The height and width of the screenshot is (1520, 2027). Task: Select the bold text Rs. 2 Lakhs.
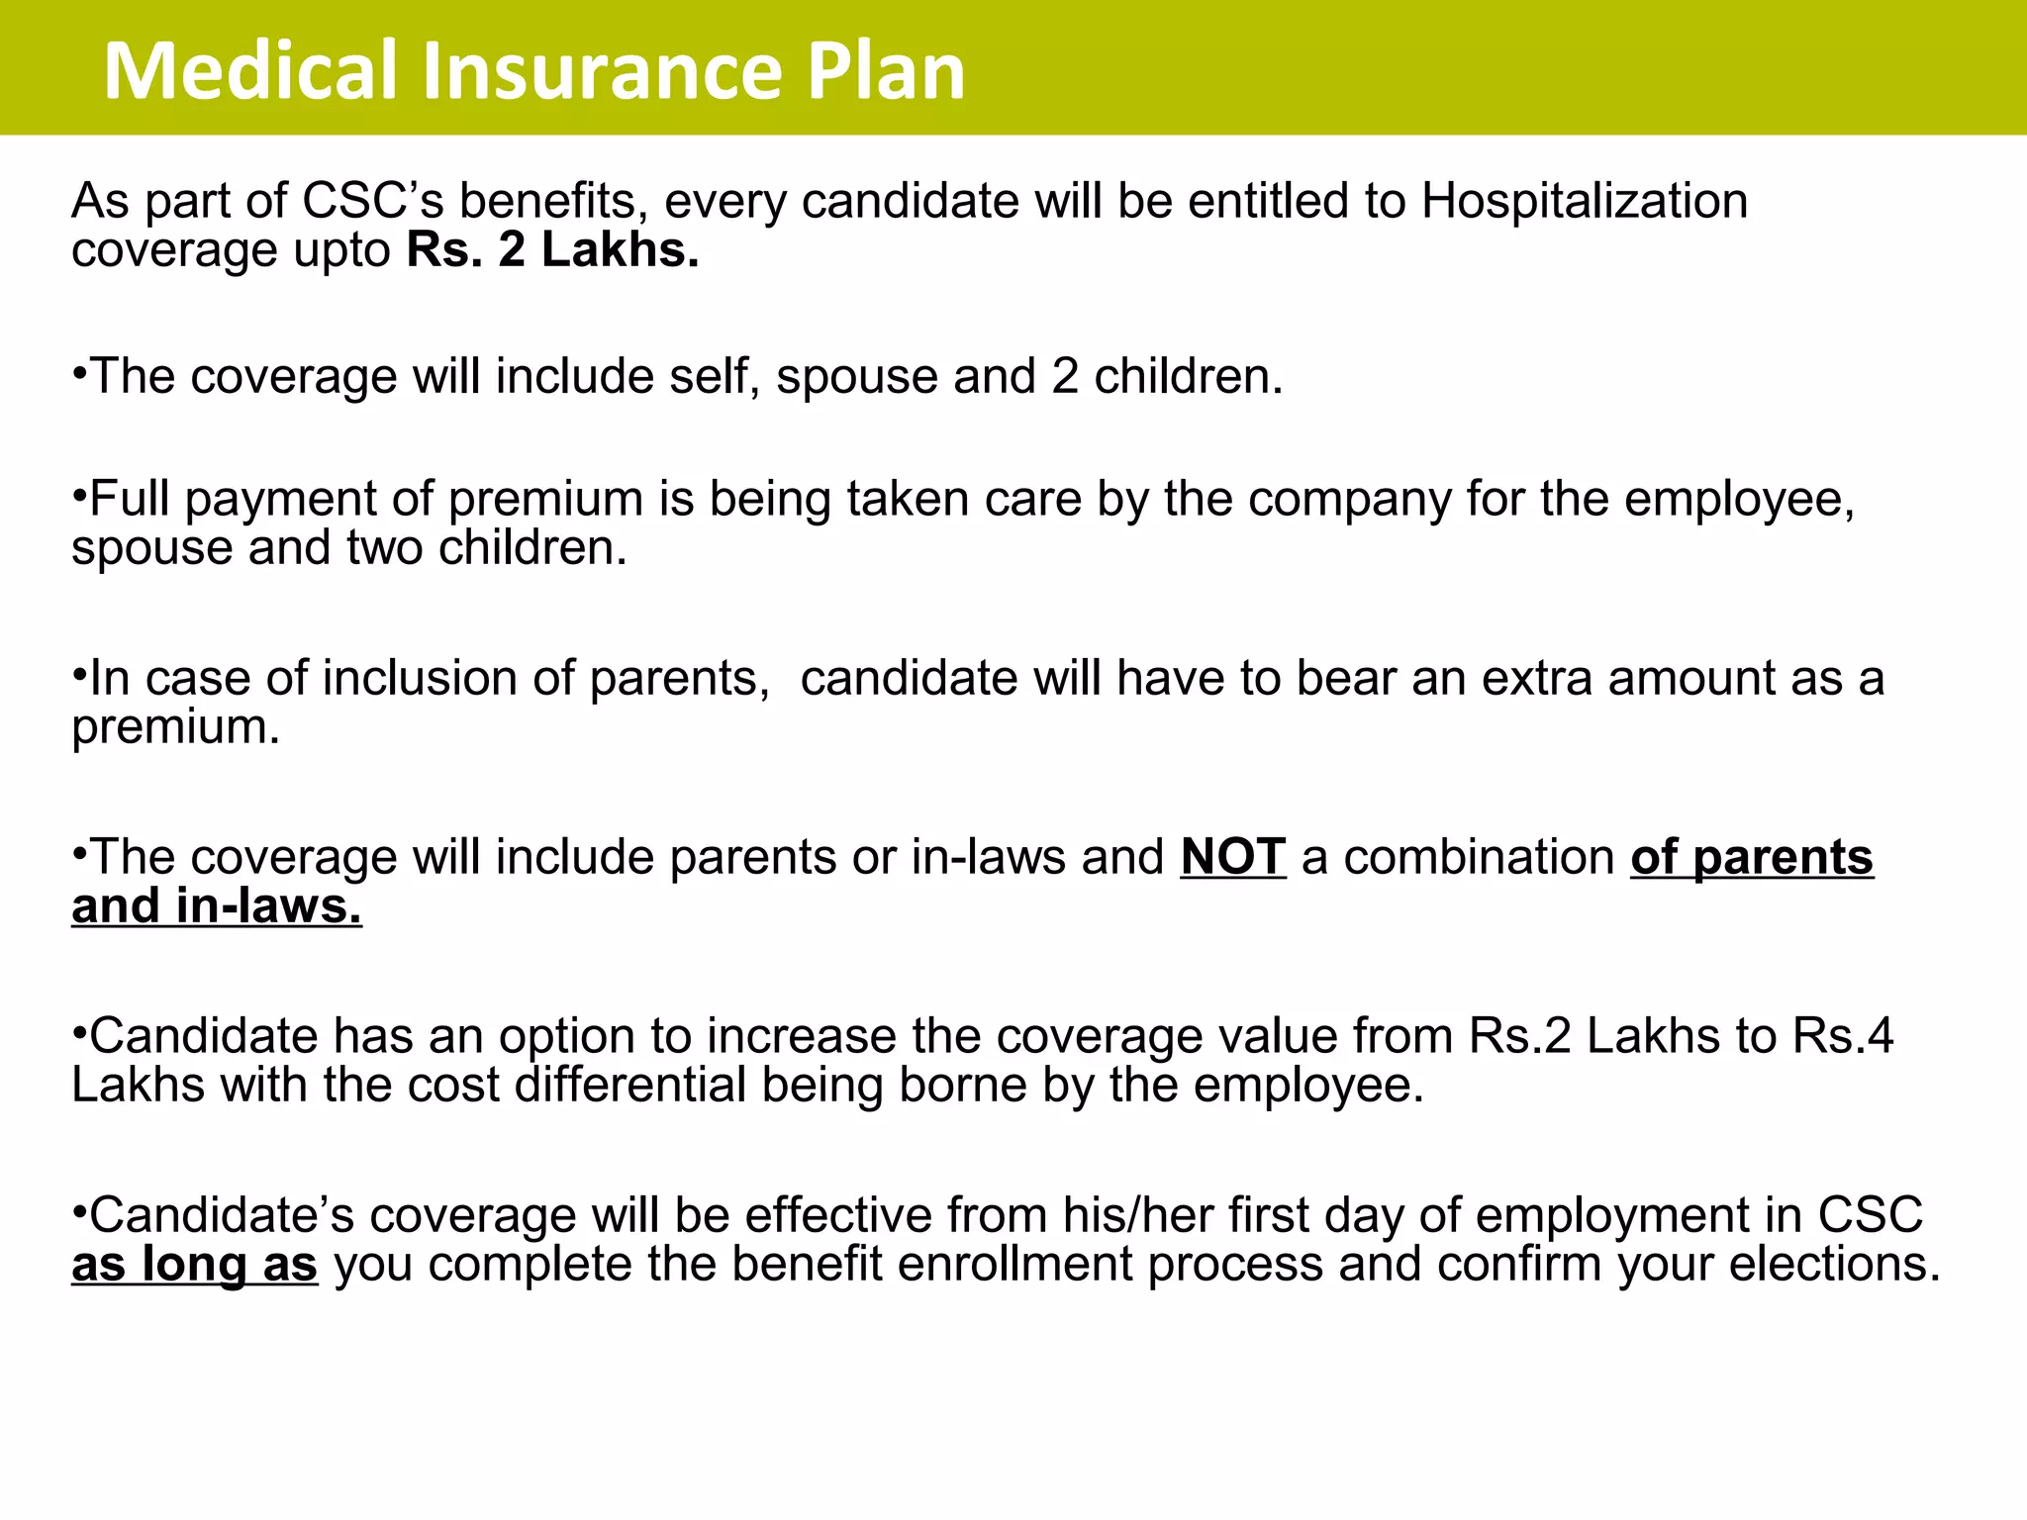pos(552,249)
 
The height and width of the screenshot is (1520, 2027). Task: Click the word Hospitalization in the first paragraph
pos(1585,201)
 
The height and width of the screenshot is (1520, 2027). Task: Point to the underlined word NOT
pos(1233,857)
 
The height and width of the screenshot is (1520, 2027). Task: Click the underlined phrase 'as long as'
pos(195,1264)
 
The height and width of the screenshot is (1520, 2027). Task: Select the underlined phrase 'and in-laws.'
pos(217,906)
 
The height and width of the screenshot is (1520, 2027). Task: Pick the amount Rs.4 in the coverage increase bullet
pos(1842,1036)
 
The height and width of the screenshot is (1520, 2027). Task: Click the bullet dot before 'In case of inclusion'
pos(79,676)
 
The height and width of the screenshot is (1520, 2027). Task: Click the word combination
pos(1479,857)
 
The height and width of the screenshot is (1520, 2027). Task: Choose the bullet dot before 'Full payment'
pos(79,496)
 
